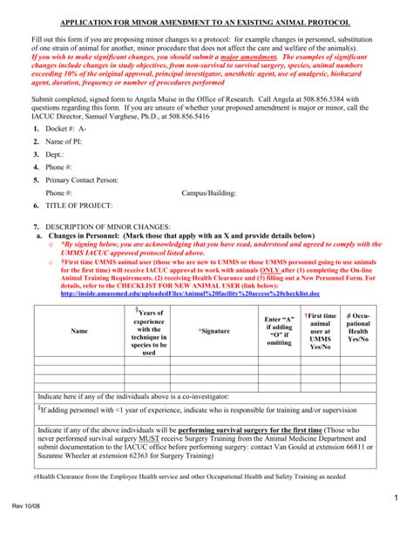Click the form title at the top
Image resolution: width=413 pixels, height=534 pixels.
(206, 20)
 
